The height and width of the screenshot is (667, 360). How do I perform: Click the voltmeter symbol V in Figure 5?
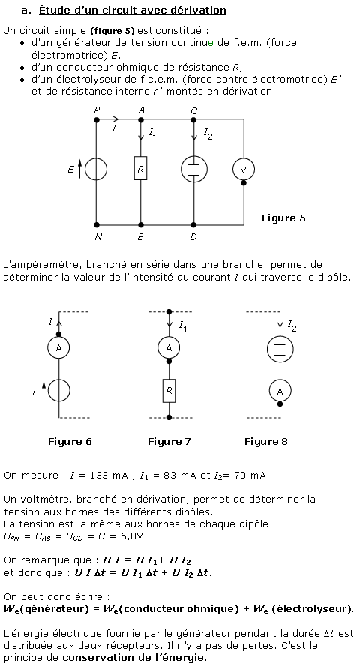click(244, 170)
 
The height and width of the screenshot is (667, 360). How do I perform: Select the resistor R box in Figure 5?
click(141, 168)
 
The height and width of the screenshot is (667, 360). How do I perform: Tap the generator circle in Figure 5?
click(96, 170)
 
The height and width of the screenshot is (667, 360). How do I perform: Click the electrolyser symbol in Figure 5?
click(193, 169)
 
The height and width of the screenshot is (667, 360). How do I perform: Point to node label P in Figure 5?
click(97, 110)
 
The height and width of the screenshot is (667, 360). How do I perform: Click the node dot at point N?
click(97, 224)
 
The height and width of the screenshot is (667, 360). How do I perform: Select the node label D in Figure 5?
click(193, 237)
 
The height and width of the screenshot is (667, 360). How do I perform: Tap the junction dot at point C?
click(193, 120)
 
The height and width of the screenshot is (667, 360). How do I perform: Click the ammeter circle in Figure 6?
click(58, 348)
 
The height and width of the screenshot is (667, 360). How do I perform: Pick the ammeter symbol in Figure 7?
click(169, 348)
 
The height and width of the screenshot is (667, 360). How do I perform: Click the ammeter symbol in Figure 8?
click(280, 392)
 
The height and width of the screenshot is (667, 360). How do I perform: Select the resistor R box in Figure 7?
click(169, 390)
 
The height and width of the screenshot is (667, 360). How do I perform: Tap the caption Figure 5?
click(283, 218)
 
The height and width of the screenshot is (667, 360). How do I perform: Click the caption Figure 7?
click(169, 442)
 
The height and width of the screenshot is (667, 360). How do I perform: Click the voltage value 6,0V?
click(132, 536)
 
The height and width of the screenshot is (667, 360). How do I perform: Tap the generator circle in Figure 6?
click(58, 390)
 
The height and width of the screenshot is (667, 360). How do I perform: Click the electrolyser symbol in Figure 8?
click(280, 349)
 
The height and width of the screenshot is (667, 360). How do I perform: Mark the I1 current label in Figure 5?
click(152, 134)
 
